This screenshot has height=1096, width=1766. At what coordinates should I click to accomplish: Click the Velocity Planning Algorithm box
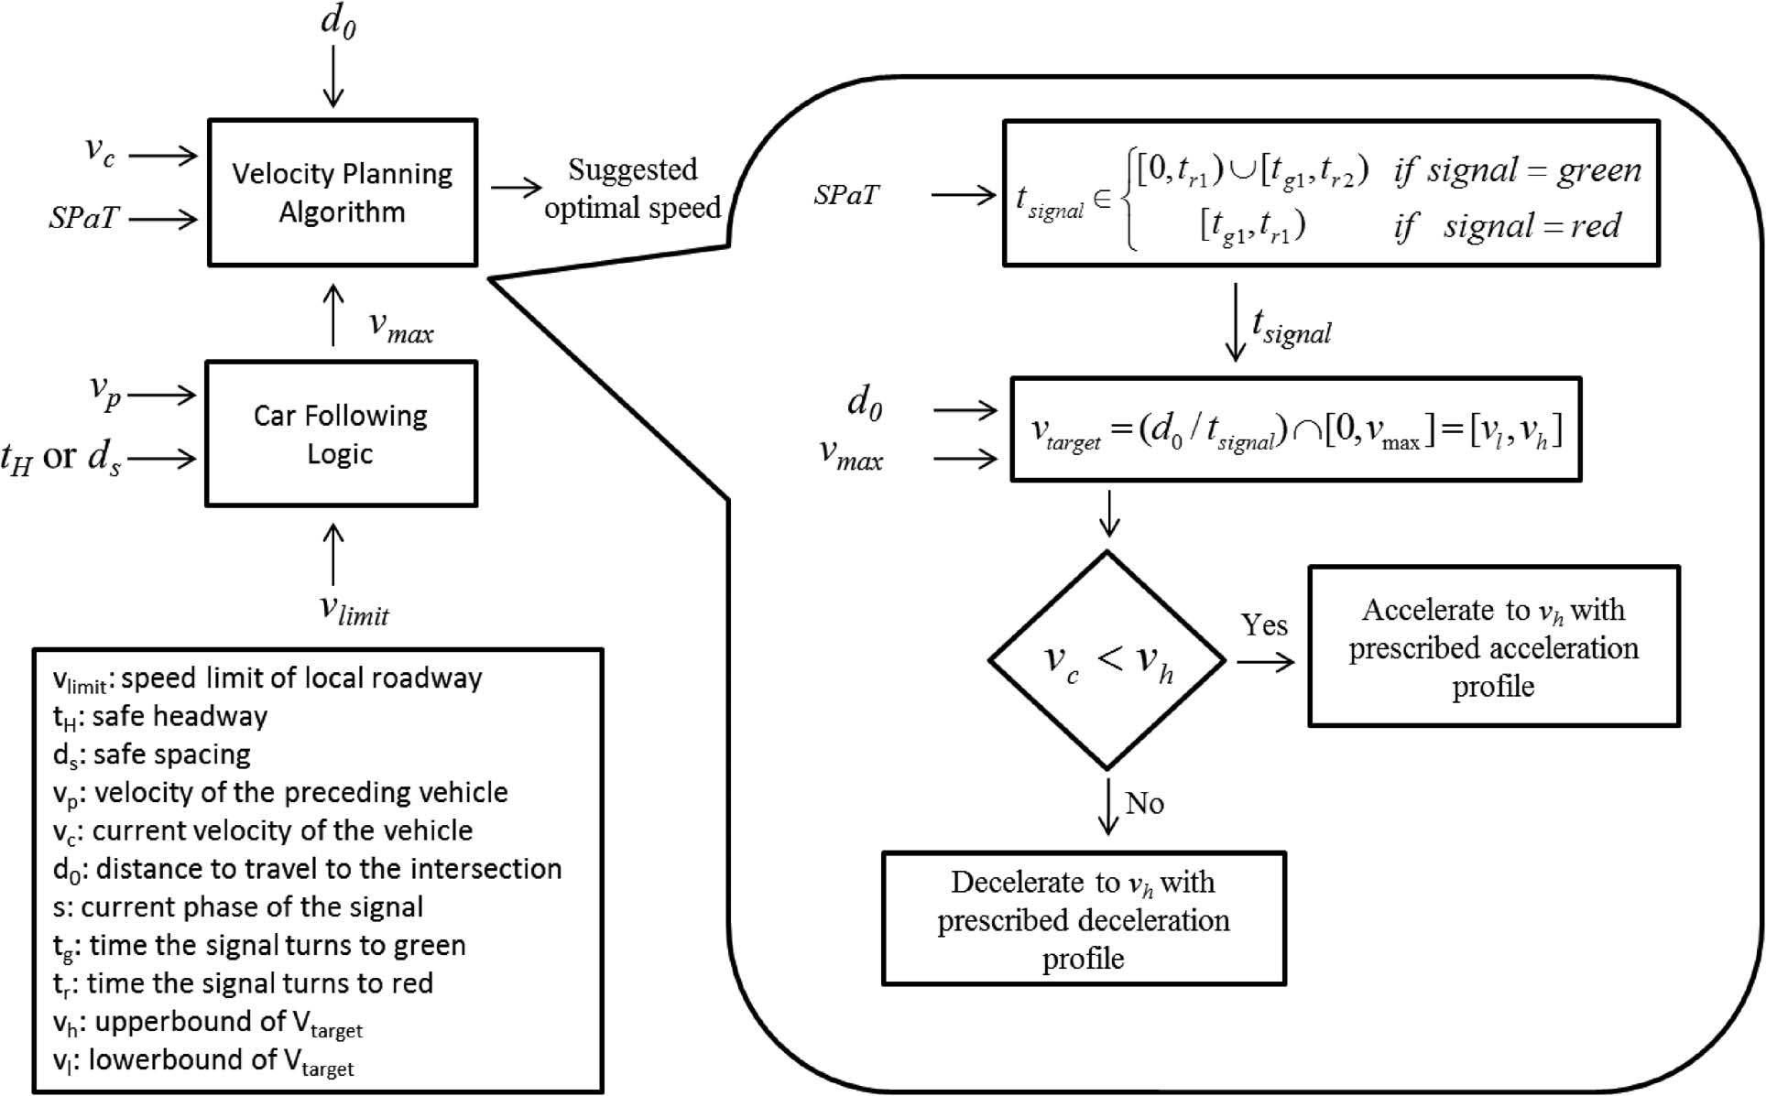[343, 192]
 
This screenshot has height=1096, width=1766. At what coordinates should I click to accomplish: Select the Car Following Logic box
[341, 434]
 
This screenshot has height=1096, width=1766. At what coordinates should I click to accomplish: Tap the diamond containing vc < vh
[1107, 660]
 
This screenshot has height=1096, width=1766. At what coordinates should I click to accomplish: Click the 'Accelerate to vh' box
[1493, 646]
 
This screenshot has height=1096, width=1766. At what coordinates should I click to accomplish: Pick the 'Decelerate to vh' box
[1084, 919]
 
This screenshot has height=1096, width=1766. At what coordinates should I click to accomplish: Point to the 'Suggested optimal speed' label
[632, 189]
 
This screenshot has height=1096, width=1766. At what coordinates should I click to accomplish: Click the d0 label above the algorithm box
[338, 21]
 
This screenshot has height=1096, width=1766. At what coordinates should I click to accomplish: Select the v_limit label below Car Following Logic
[354, 610]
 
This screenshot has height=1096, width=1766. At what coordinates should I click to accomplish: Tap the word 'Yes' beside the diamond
[1264, 625]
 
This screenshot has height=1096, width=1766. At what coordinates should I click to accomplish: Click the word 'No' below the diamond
[1144, 803]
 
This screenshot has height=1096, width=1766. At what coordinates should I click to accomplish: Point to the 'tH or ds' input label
[60, 457]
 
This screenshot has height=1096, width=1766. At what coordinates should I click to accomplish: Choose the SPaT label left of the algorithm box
[83, 218]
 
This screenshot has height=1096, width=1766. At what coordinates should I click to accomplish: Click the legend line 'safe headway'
[160, 717]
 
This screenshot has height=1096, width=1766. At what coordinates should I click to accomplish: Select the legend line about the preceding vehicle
[280, 793]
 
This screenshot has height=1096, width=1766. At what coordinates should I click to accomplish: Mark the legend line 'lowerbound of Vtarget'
[203, 1061]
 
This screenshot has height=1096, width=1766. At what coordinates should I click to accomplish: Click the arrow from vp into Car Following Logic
[162, 396]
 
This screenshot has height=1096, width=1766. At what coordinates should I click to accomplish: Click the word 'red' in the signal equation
[1596, 225]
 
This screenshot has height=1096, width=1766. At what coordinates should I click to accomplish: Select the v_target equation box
[1295, 429]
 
